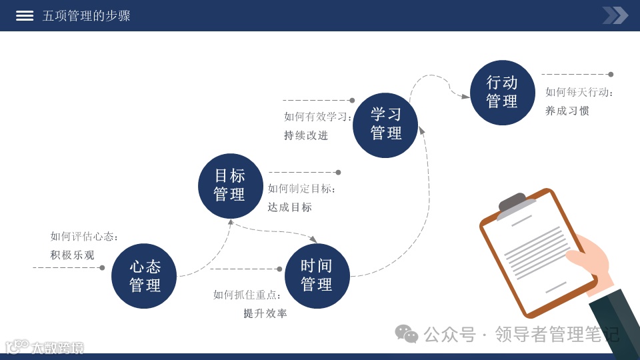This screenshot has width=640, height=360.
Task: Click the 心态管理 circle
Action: (x=144, y=276)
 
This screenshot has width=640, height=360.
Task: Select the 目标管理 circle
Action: (x=230, y=185)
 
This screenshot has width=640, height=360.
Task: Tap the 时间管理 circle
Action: (x=317, y=275)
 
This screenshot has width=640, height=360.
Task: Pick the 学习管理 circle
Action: (x=385, y=125)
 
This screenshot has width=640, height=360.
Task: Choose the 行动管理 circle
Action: (x=502, y=92)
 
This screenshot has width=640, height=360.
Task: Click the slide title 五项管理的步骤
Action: (x=86, y=15)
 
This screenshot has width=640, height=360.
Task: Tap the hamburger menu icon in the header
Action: (x=25, y=15)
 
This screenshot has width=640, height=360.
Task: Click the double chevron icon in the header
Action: (x=615, y=15)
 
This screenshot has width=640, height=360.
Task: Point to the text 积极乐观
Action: (x=73, y=255)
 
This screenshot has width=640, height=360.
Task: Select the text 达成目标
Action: (x=290, y=207)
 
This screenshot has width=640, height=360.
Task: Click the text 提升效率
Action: (x=265, y=313)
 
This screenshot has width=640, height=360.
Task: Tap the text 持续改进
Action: (x=306, y=135)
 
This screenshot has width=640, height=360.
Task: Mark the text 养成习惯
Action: (x=567, y=111)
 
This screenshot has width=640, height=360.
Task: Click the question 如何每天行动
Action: (x=579, y=93)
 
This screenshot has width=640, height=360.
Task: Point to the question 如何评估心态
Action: (x=84, y=237)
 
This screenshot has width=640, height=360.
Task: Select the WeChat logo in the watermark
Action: (x=406, y=333)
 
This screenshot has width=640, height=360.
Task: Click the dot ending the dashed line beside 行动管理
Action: (x=611, y=75)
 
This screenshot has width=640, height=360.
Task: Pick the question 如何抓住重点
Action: (x=247, y=295)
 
